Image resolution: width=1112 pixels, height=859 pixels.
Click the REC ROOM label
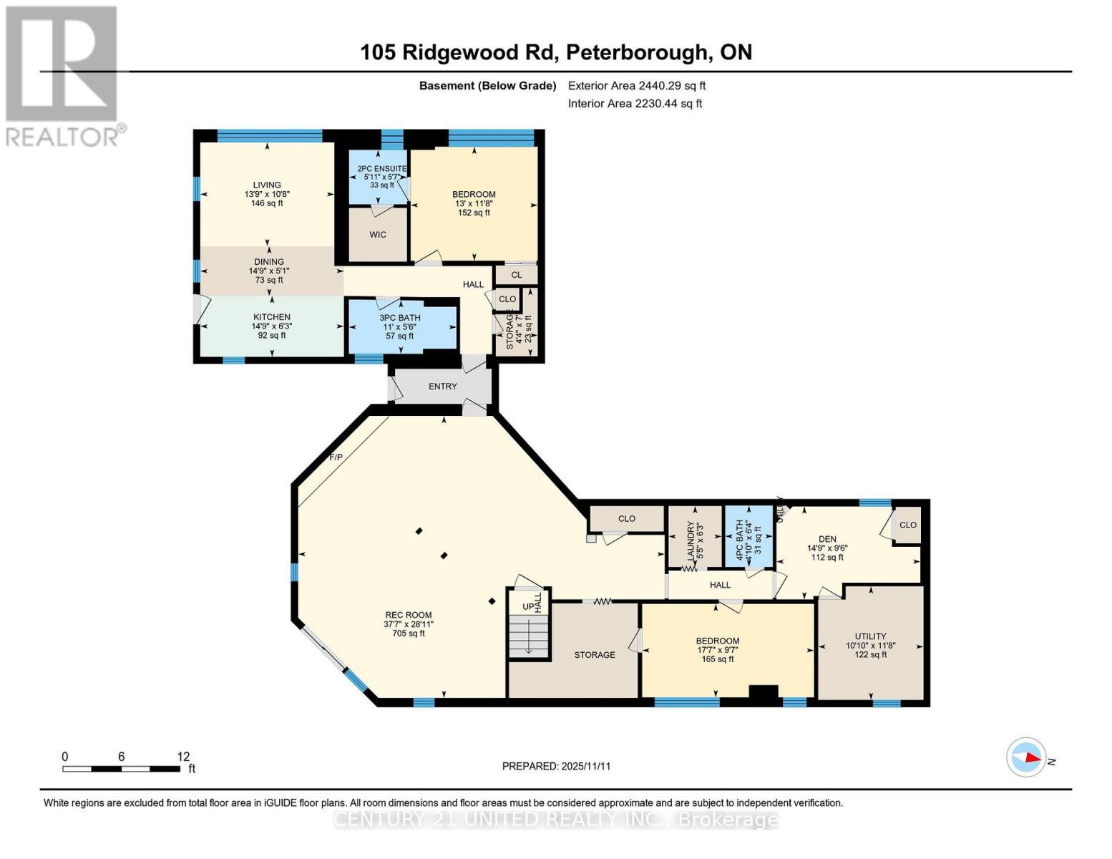click(408, 615)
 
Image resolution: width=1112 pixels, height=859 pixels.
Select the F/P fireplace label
click(336, 457)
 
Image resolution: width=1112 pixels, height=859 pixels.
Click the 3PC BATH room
click(400, 326)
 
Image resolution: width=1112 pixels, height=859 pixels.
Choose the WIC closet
click(378, 235)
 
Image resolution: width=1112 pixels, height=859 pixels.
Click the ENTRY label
click(442, 387)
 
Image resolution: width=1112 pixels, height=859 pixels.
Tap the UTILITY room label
click(870, 636)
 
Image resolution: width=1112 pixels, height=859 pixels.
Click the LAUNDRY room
click(694, 538)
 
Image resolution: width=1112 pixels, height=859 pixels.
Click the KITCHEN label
click(272, 317)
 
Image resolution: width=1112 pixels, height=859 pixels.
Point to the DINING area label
click(269, 262)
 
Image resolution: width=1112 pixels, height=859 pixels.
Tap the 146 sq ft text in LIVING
click(267, 203)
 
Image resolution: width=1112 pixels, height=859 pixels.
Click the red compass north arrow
click(1030, 757)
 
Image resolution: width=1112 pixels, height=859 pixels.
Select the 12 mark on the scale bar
click(184, 757)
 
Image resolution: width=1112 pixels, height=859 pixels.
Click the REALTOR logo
click(63, 75)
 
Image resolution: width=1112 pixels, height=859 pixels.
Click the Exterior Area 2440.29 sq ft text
click(636, 86)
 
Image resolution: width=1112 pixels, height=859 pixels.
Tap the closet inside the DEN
click(907, 525)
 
